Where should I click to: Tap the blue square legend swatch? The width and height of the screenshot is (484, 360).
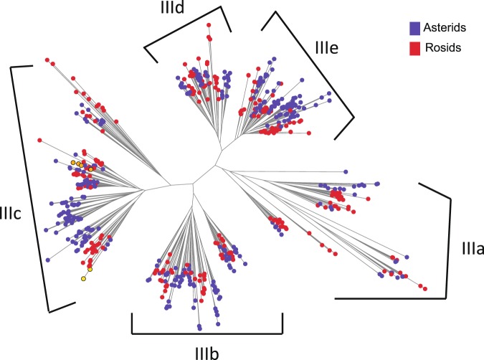click(x=414, y=28)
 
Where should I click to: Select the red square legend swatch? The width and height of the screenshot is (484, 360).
click(x=414, y=48)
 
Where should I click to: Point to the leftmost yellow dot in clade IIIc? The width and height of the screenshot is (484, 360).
click(x=72, y=164)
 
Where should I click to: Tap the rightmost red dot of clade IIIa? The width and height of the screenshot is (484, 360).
click(x=424, y=288)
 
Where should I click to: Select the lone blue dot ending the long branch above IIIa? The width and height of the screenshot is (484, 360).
click(x=346, y=171)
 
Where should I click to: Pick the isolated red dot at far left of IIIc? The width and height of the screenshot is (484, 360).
click(x=40, y=139)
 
